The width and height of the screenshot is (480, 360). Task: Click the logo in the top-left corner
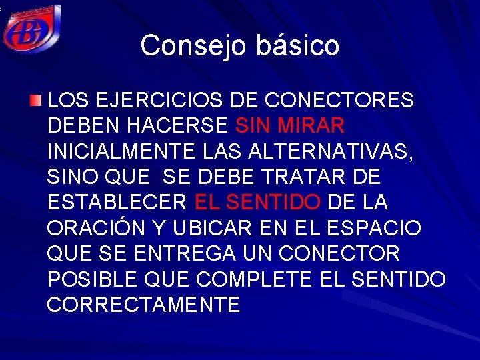[x=31, y=28]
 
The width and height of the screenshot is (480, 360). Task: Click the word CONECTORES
[x=339, y=101]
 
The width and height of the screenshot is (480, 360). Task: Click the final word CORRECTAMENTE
[x=144, y=305]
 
